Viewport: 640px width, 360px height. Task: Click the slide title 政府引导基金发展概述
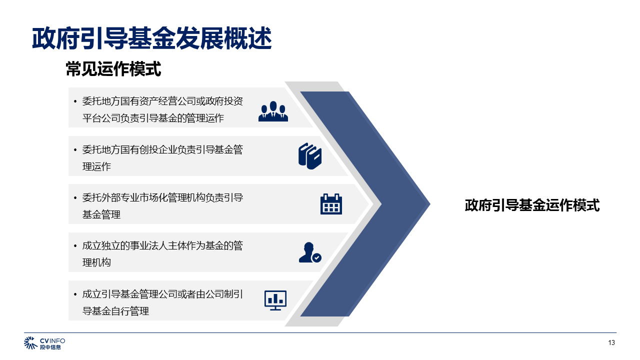tap(151, 38)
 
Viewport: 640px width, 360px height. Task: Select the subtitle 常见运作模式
tap(113, 69)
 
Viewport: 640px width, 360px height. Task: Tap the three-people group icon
tap(273, 111)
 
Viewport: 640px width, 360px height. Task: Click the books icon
tap(310, 156)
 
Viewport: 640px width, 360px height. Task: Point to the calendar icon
tap(331, 204)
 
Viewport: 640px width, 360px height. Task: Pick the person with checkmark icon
tap(310, 252)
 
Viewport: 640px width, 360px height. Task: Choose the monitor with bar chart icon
tap(275, 300)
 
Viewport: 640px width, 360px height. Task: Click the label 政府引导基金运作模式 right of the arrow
tap(532, 205)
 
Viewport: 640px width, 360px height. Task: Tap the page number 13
tap(611, 342)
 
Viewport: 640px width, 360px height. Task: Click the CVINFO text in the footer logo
tap(52, 341)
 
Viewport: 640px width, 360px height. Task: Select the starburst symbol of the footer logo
tap(30, 343)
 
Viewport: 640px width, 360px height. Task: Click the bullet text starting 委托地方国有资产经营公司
tap(162, 109)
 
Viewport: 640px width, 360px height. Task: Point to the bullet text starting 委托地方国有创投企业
tap(162, 157)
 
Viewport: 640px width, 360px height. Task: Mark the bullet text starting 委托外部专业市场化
tap(162, 205)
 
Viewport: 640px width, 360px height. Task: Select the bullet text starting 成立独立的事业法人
tap(162, 253)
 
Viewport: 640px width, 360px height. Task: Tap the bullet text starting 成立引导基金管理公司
tap(162, 302)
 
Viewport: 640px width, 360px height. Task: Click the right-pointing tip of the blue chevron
tap(430, 203)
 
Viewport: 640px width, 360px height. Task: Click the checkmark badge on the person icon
tap(316, 258)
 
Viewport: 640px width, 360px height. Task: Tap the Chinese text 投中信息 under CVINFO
tap(50, 347)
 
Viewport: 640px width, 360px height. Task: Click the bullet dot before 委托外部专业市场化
tap(75, 197)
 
